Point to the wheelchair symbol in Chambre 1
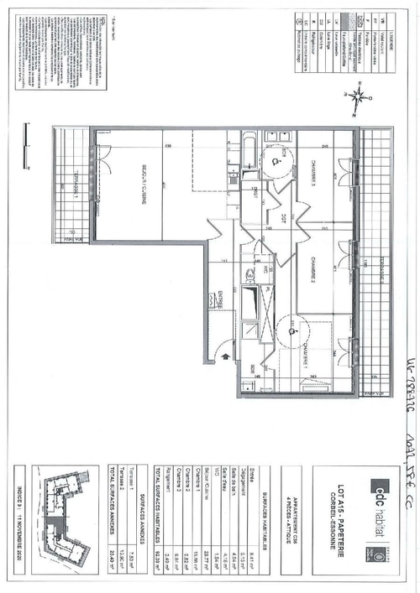click(x=289, y=329)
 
